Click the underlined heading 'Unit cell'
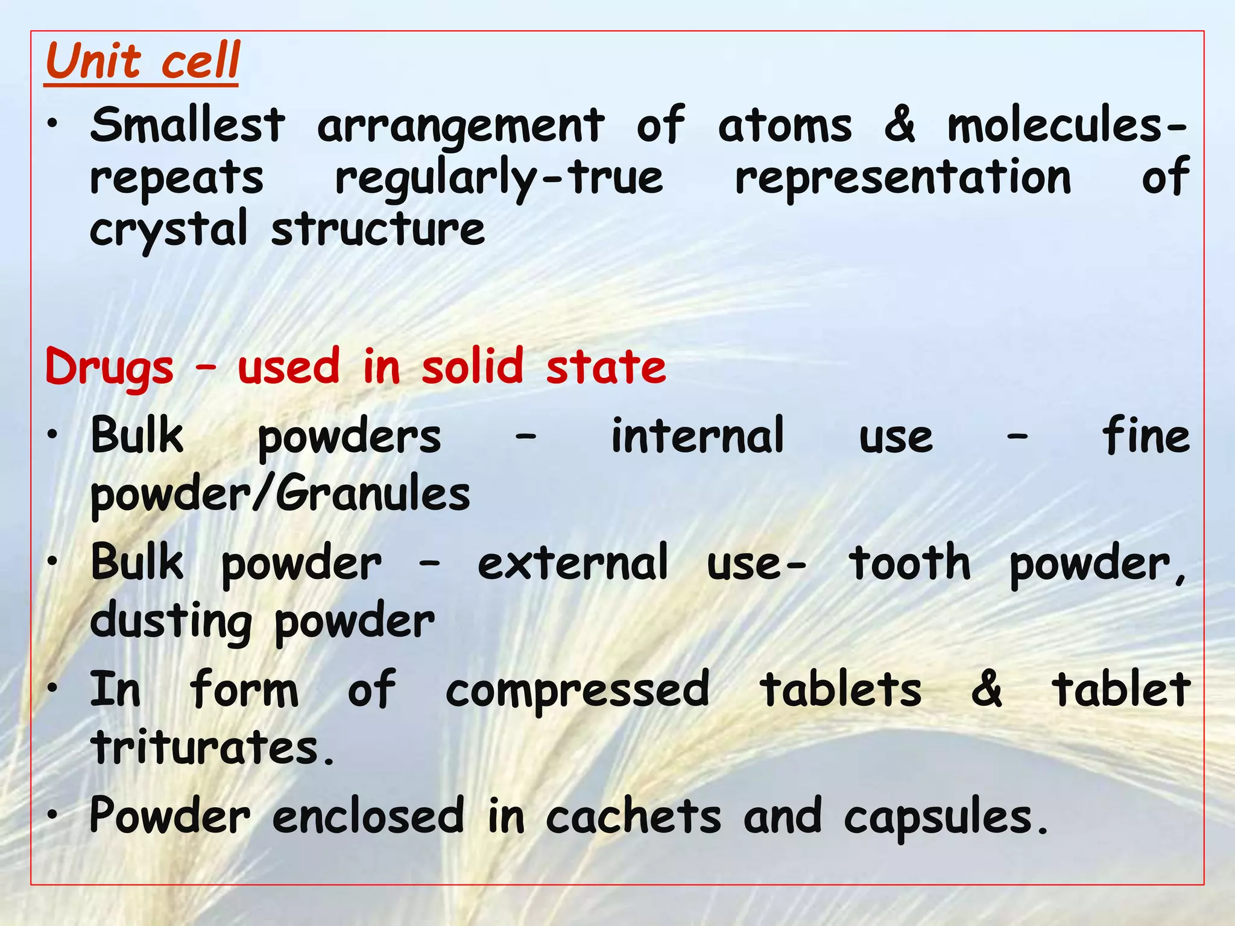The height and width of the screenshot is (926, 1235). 142,61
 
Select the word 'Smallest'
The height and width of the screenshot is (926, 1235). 188,125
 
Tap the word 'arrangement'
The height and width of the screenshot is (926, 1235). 461,127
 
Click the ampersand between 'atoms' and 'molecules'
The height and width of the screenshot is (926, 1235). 900,125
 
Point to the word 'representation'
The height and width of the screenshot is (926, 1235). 903,178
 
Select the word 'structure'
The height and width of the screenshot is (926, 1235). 377,229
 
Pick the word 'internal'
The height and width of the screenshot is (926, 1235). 698,435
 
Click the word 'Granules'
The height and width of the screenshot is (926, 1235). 373,494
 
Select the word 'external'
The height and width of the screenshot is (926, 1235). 573,562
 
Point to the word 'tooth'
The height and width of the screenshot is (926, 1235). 910,562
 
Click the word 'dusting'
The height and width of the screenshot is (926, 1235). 171,622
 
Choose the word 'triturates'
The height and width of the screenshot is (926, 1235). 205,747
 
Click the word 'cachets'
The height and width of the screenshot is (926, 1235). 633,816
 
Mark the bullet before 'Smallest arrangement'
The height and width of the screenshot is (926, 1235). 54,124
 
